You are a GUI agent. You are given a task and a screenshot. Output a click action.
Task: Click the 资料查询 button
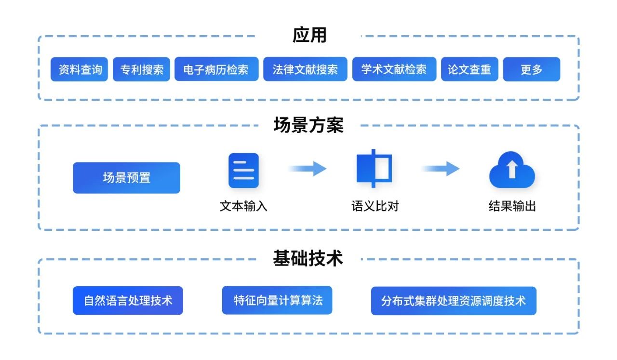pos(80,69)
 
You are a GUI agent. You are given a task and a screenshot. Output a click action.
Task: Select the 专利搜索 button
pos(141,69)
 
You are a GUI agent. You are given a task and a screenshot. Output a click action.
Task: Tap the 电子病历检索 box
pos(216,69)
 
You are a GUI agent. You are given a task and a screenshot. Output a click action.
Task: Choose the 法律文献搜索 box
pos(305,69)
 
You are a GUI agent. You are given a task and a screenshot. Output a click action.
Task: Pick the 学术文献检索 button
pos(394,69)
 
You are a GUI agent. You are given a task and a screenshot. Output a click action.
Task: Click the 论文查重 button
pos(469,69)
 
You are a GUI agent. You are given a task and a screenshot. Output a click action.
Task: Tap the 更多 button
pos(531,69)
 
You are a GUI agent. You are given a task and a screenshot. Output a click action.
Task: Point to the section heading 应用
pos(309,35)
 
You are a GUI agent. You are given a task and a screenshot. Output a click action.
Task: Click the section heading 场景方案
pos(308,125)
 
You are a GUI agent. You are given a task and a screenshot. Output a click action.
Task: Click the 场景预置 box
pos(126,178)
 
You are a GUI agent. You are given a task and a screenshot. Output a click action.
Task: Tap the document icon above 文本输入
pos(243,170)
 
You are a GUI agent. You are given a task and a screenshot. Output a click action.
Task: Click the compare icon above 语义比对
pos(374,169)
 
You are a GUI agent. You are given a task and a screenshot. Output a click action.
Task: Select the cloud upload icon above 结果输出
pos(512,170)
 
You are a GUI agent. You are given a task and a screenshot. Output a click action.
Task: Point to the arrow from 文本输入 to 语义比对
pos(308,169)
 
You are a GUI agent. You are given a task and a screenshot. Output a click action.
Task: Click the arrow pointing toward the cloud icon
pos(441,169)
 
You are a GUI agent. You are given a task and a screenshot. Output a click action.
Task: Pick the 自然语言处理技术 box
pos(128,301)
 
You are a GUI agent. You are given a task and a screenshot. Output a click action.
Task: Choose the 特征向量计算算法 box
pos(277,300)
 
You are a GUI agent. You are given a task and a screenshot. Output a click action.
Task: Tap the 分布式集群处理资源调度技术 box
pos(453,301)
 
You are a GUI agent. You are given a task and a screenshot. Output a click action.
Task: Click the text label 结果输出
pos(512,207)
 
